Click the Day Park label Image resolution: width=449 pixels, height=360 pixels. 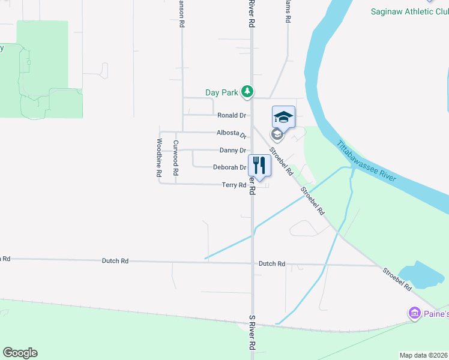tap(221, 92)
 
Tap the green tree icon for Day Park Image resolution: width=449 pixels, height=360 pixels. tap(246, 92)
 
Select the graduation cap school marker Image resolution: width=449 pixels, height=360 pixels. tap(283, 116)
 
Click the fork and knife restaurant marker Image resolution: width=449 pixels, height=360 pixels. tap(259, 166)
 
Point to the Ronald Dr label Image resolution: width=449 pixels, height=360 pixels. tap(232, 115)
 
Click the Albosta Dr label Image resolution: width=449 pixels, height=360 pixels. tap(223, 133)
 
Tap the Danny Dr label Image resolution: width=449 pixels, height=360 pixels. tap(233, 151)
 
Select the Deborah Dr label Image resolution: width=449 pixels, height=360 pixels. tap(229, 168)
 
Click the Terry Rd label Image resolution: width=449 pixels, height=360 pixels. tap(234, 185)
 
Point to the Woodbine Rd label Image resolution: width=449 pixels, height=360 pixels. tap(160, 158)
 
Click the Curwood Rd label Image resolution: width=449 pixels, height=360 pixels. tap(176, 158)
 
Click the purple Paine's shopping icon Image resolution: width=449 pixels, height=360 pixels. tap(414, 313)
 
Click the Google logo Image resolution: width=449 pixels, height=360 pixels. tap(20, 353)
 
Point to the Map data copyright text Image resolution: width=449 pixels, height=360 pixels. tap(424, 355)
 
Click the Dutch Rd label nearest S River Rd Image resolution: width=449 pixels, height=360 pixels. tap(272, 263)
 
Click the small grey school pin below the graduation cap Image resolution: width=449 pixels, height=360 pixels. tap(277, 134)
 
